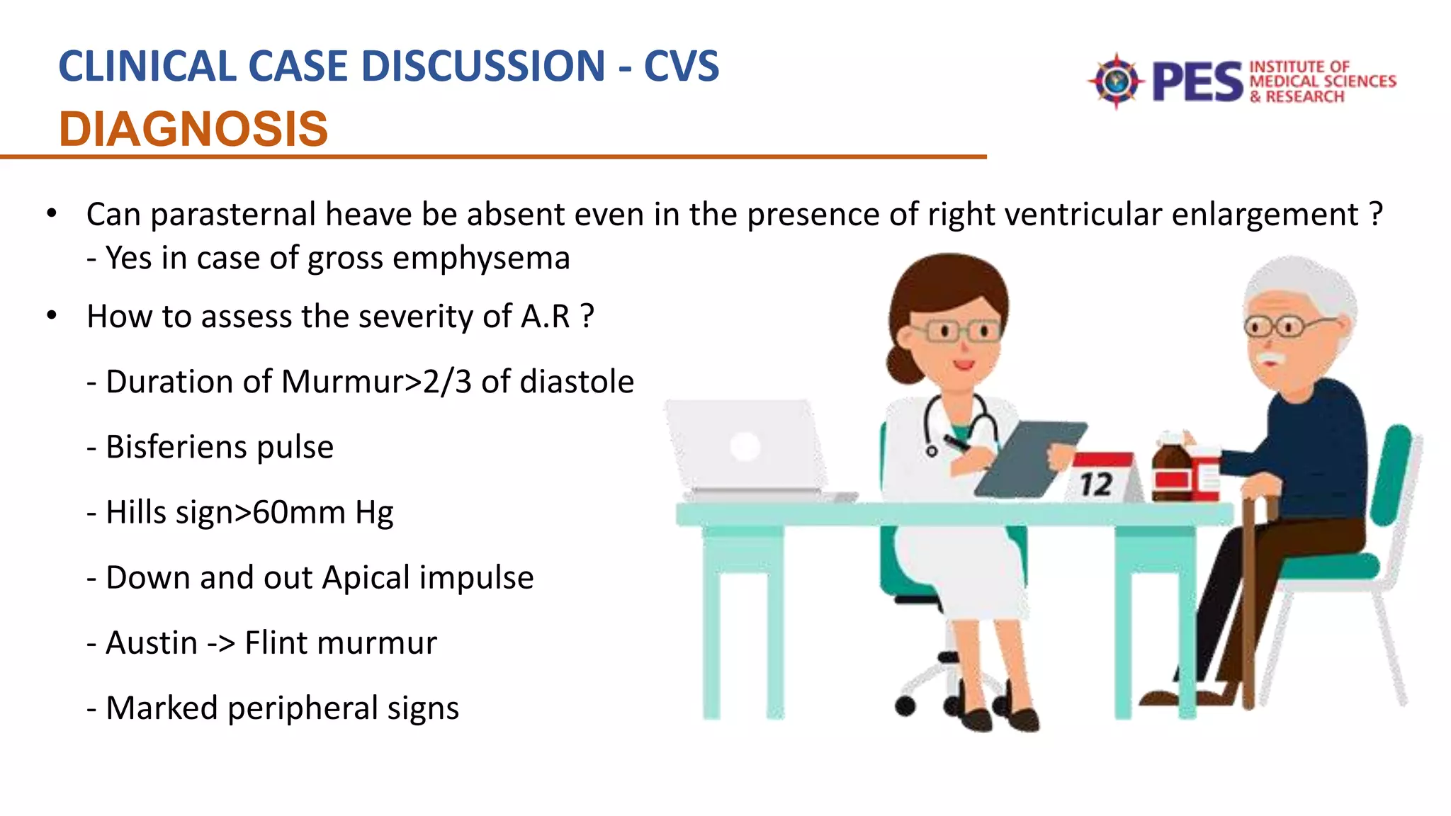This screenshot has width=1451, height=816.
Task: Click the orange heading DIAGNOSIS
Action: [193, 129]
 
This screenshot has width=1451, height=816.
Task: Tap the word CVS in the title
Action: [681, 67]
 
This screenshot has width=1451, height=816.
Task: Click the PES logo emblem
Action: [1116, 81]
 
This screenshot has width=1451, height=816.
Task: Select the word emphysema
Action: [481, 259]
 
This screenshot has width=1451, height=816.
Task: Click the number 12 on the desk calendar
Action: [1096, 485]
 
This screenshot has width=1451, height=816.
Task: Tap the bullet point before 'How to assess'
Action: [51, 316]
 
